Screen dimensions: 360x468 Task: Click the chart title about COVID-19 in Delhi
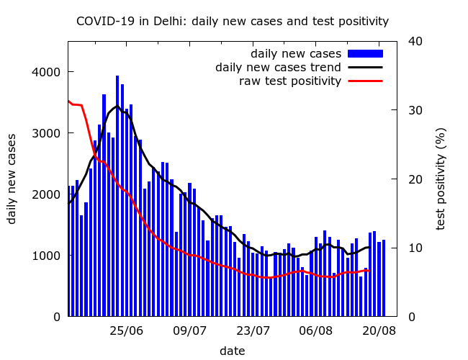[x=233, y=22]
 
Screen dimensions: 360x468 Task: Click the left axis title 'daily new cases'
[x=12, y=179]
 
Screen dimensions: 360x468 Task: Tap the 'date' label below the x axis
[x=232, y=351]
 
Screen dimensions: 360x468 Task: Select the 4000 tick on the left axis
[x=47, y=72]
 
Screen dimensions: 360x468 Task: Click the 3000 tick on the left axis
[x=47, y=133]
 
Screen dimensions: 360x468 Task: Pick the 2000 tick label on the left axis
[x=47, y=194]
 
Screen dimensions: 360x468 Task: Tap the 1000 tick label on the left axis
[x=47, y=256]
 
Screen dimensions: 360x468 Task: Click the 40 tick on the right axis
[x=414, y=41]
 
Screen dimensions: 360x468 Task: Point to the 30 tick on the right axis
[x=414, y=110]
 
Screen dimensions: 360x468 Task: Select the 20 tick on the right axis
[x=414, y=179]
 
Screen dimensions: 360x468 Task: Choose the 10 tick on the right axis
[x=414, y=248]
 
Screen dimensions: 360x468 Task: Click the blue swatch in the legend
[x=365, y=54]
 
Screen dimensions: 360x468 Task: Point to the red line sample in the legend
[x=365, y=81]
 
